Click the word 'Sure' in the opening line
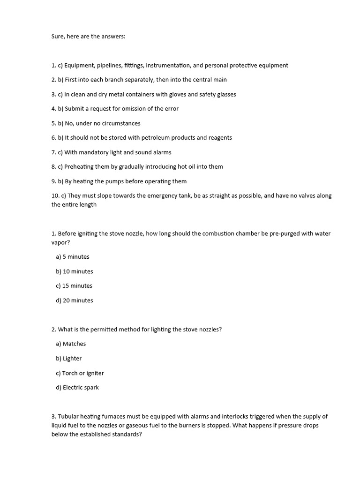tap(58, 36)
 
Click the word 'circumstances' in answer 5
tap(121, 123)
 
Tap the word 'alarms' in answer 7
tap(161, 152)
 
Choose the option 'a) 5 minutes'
tap(73, 257)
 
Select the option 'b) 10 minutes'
tap(75, 271)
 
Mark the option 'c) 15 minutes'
tap(74, 286)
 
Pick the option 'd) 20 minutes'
tap(75, 300)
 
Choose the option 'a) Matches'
tap(71, 344)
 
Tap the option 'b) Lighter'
tap(69, 359)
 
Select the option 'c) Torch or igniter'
tap(80, 373)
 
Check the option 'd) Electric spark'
tap(77, 388)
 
